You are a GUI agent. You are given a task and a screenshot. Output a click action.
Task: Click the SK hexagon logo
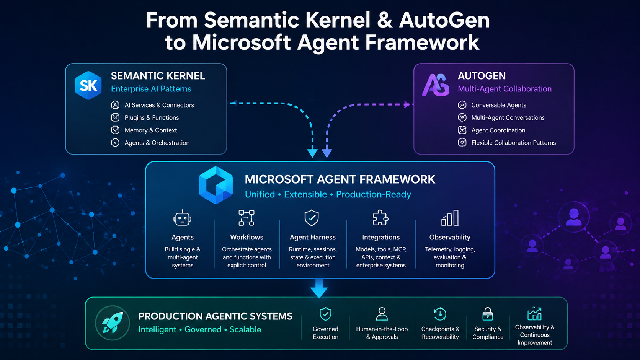[x=88, y=85]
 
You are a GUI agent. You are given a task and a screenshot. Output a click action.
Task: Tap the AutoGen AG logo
[x=436, y=85]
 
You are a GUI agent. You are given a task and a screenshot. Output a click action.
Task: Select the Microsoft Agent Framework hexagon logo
[x=216, y=185]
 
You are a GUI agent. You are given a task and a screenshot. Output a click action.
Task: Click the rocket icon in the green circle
[x=112, y=323]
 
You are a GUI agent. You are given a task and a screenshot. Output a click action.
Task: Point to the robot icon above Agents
[x=182, y=218]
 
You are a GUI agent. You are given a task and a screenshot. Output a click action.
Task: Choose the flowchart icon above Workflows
[x=246, y=218]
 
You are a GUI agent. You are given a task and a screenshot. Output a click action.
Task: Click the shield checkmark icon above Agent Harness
[x=312, y=218]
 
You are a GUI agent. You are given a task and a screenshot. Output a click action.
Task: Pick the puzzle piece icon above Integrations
[x=380, y=218]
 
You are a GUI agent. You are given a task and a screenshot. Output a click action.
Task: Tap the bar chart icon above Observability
[x=450, y=218]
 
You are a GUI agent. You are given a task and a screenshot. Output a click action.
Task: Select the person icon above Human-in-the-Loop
[x=382, y=314]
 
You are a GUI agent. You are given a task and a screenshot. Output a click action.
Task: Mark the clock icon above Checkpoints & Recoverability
[x=440, y=314]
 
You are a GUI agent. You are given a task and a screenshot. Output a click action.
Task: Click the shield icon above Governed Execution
[x=325, y=314]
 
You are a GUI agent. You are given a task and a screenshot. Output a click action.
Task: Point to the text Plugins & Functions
[x=152, y=117]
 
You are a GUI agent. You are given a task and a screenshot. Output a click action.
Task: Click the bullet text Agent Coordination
[x=498, y=130]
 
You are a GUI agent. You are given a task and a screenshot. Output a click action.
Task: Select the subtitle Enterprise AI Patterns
[x=151, y=89]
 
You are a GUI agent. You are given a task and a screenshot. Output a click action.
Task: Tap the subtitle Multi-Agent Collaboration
[x=504, y=89]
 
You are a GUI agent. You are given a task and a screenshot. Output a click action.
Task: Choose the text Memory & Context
[x=151, y=130]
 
